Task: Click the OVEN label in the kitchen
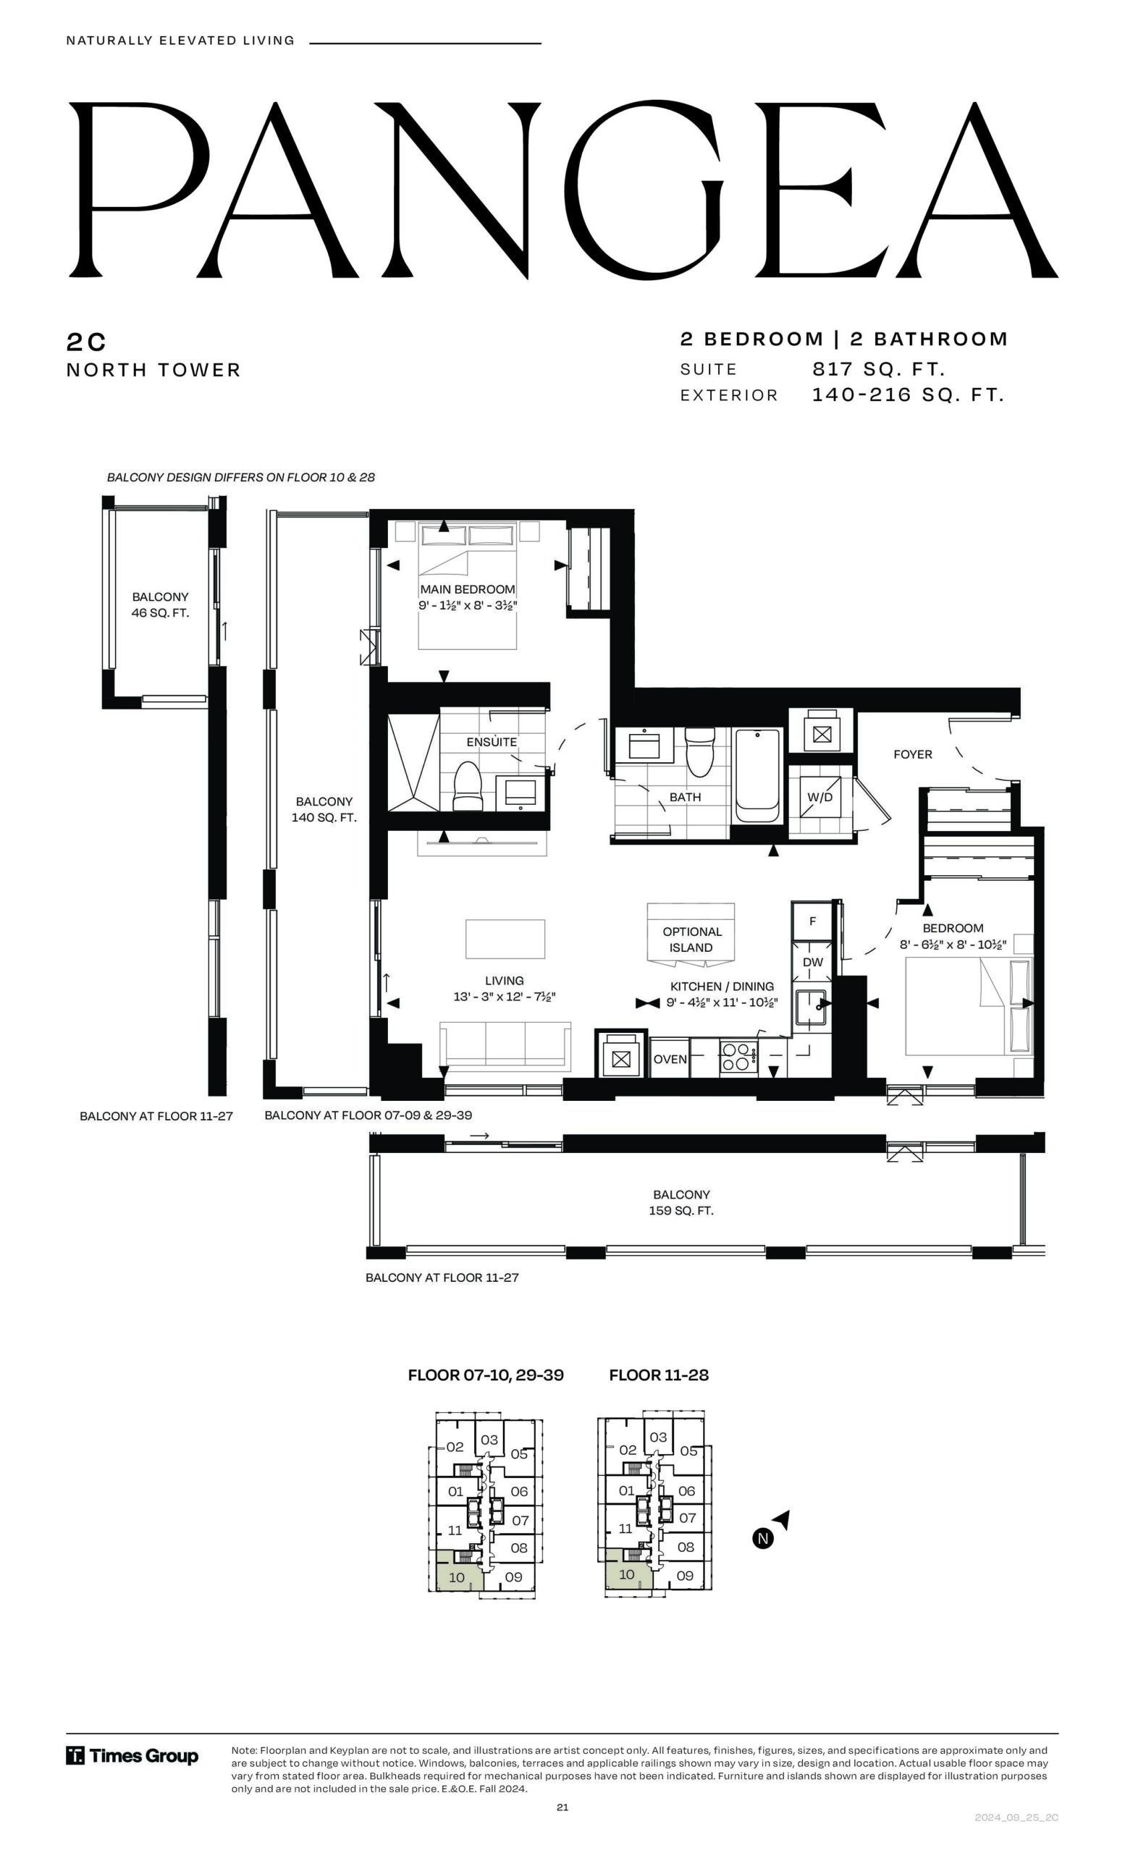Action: pos(670,1059)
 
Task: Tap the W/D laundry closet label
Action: pos(819,797)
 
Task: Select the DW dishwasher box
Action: pos(812,962)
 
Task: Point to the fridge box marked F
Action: pos(812,921)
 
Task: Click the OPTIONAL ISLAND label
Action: pos(692,940)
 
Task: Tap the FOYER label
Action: pos(912,754)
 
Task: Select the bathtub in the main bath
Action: pos(757,776)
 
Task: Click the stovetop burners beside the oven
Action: pos(738,1056)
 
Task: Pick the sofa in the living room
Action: pos(505,1044)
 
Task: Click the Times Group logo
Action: pos(132,1756)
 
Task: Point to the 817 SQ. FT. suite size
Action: pos(878,369)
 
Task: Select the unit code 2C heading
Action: pos(86,342)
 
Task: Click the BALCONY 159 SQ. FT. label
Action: pos(681,1202)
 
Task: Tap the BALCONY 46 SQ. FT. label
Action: pos(160,604)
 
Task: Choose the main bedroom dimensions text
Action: pos(468,605)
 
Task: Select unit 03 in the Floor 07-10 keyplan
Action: pos(489,1440)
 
